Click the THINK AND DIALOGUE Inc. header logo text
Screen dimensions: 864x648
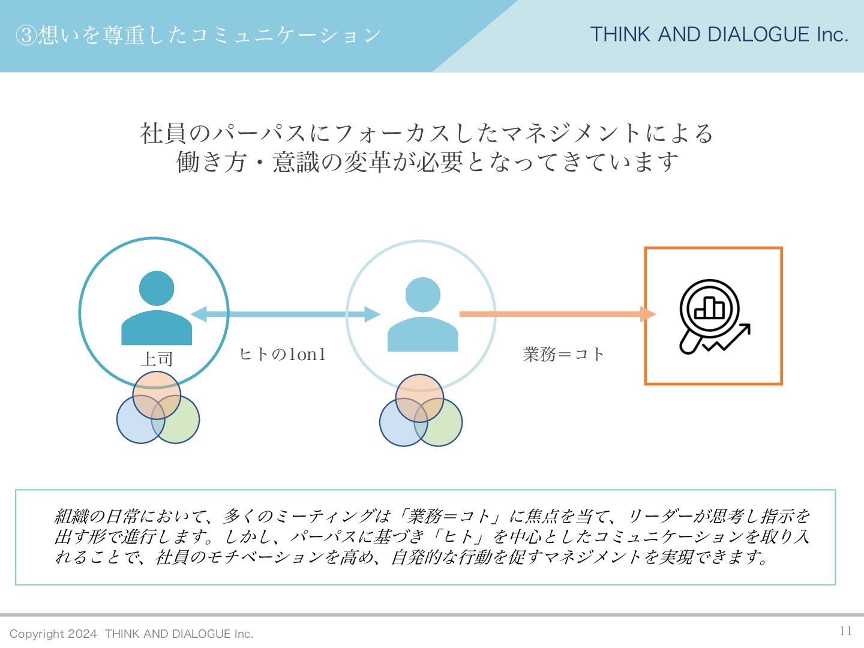(719, 35)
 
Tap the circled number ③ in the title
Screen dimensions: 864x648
(26, 35)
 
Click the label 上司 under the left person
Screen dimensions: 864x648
(157, 359)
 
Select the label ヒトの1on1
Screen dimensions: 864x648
(282, 355)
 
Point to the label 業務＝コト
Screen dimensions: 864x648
(563, 355)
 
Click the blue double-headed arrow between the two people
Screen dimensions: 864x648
(286, 314)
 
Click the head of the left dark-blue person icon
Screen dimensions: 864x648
(157, 289)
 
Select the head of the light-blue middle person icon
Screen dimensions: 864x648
(422, 295)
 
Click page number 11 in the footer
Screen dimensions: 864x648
(845, 631)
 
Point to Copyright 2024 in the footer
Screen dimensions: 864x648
(53, 634)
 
